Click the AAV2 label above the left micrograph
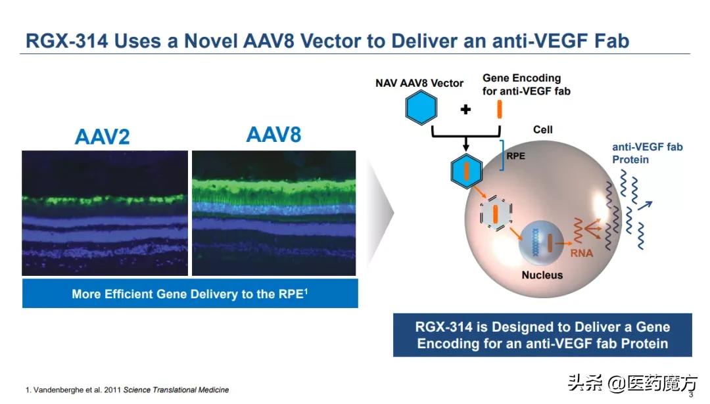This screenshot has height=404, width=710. click(x=102, y=136)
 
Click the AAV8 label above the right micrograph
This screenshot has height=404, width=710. click(x=273, y=135)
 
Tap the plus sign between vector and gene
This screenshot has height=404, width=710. click(x=465, y=109)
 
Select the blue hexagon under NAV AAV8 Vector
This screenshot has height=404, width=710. click(x=419, y=108)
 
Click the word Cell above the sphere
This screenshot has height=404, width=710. click(x=542, y=129)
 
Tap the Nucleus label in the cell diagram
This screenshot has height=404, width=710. click(x=542, y=275)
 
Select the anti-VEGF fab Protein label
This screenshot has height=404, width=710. click(x=647, y=153)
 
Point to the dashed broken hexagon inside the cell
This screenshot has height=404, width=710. click(x=494, y=214)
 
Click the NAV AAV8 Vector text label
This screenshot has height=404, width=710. click(x=419, y=83)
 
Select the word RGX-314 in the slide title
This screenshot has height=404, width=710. click(x=64, y=41)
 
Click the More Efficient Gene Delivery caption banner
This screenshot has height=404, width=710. click(x=190, y=294)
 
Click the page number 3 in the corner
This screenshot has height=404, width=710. click(x=690, y=394)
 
